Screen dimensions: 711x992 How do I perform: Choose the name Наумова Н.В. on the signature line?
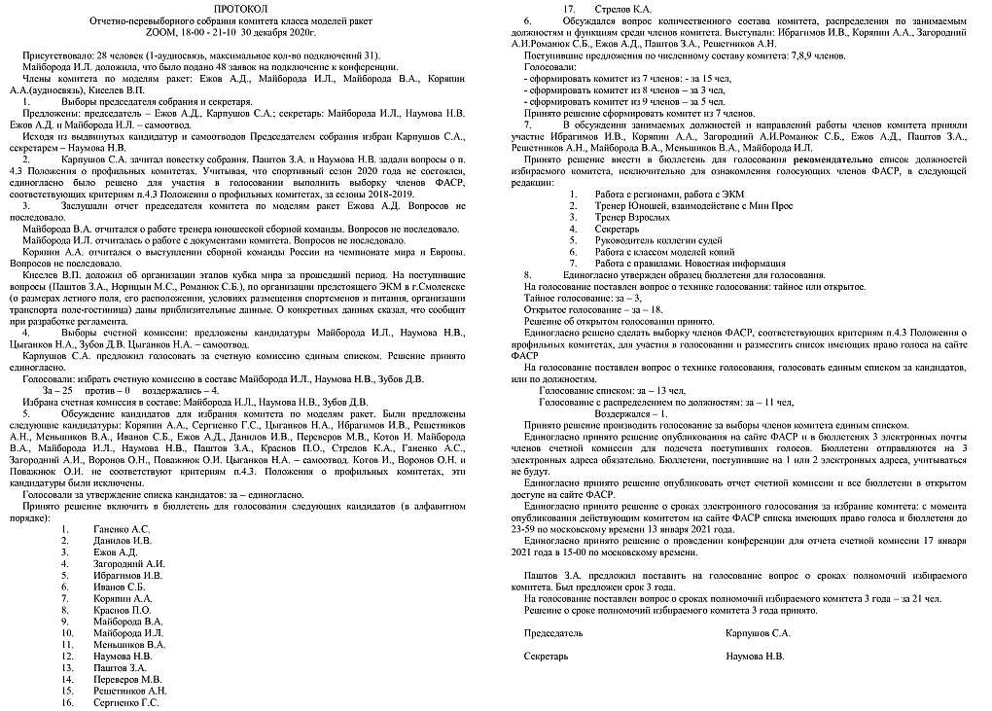click(x=755, y=656)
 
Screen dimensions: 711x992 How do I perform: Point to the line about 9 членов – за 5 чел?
click(x=623, y=101)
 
